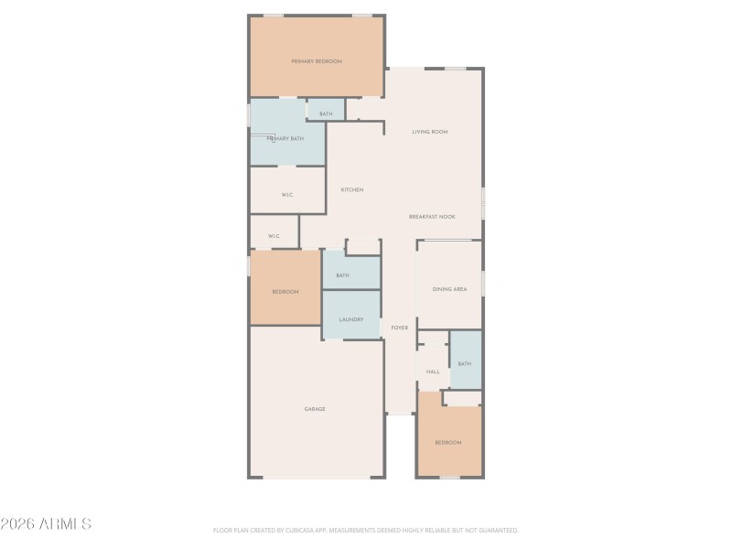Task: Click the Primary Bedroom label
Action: click(x=317, y=61)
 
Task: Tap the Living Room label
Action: click(x=429, y=133)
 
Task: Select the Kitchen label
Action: click(x=352, y=190)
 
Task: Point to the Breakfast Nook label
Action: click(x=432, y=217)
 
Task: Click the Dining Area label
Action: click(x=449, y=289)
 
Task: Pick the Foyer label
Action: click(x=400, y=328)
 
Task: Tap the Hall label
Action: click(x=433, y=371)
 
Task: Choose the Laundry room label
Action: click(x=351, y=319)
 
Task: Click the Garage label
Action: click(x=315, y=409)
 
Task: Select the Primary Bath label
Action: click(x=285, y=139)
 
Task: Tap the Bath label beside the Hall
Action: click(x=465, y=364)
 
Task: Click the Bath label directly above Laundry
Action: click(x=342, y=275)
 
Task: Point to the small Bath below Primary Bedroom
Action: click(x=326, y=114)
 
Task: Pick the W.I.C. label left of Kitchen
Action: click(x=286, y=195)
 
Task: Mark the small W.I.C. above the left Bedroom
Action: click(x=274, y=236)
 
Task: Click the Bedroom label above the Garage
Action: click(x=285, y=292)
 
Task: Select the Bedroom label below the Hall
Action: click(x=448, y=443)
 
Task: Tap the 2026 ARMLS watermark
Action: click(x=46, y=524)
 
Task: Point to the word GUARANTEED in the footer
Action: click(x=495, y=530)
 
